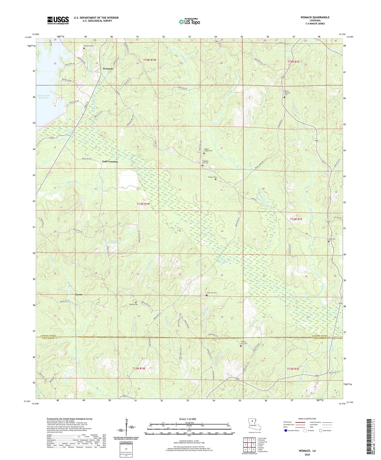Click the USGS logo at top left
pyautogui.click(x=58, y=20)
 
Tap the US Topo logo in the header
pyautogui.click(x=189, y=22)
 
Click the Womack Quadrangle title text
pyautogui.click(x=315, y=17)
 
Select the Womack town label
pyautogui.click(x=108, y=68)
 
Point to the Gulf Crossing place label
pyautogui.click(x=110, y=162)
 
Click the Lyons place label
pyautogui.click(x=79, y=295)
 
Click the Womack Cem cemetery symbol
pyautogui.click(x=84, y=48)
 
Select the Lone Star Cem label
pyautogui.click(x=211, y=293)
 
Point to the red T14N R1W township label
pyautogui.click(x=143, y=204)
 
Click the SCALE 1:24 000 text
pyautogui.click(x=187, y=419)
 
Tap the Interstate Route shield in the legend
pyautogui.click(x=286, y=430)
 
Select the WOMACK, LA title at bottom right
pyautogui.click(x=307, y=451)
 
